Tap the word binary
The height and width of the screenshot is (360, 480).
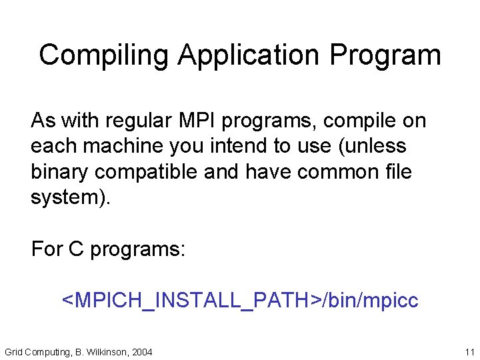60,171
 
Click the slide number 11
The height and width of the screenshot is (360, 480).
469,351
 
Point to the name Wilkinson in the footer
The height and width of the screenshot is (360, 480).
107,351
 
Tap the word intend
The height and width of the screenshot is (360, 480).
232,146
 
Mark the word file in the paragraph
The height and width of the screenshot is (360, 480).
398,171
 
